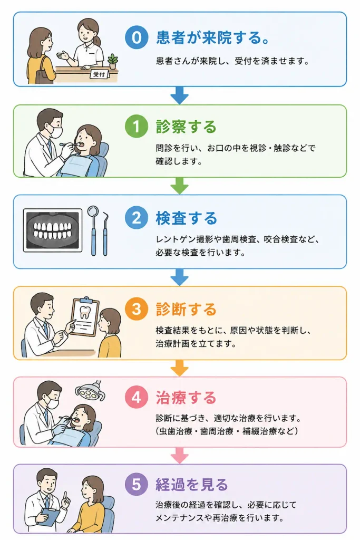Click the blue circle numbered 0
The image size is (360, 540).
[x=137, y=37]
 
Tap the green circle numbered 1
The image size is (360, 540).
[x=137, y=127]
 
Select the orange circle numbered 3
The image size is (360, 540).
[x=137, y=308]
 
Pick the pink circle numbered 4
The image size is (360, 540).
[x=137, y=397]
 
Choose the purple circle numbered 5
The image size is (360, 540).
[x=137, y=484]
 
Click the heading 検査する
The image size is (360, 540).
[x=186, y=218]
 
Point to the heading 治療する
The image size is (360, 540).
[x=186, y=398]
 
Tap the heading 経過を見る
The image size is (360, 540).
[x=192, y=485]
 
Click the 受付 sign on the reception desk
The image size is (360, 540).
[x=99, y=74]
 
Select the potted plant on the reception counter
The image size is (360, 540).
[x=113, y=61]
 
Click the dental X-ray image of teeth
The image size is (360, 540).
[x=53, y=230]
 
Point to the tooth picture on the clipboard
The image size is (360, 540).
[x=85, y=312]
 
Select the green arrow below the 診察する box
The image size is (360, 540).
[x=180, y=186]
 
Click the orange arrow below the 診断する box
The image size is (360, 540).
[x=180, y=368]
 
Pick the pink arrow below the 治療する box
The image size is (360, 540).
[x=180, y=456]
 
